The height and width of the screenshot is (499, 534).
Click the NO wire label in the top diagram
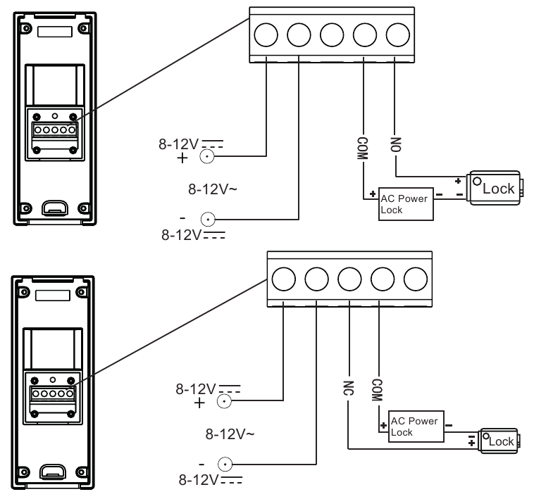click(396, 144)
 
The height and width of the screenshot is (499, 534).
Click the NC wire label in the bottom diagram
click(349, 388)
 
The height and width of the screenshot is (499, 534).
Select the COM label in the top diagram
click(363, 149)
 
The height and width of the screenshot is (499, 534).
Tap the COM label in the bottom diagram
click(377, 390)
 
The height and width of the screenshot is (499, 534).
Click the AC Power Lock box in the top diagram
click(406, 204)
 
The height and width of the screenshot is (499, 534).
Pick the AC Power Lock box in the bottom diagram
click(416, 427)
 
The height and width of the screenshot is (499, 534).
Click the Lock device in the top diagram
click(495, 188)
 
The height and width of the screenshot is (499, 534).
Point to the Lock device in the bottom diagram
click(498, 441)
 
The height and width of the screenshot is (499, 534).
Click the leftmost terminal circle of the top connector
click(266, 34)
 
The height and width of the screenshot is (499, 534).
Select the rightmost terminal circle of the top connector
click(398, 34)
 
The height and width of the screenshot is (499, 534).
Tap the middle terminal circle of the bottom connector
click(349, 279)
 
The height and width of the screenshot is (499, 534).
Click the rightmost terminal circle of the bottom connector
click(416, 279)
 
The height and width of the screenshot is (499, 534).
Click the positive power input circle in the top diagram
click(207, 156)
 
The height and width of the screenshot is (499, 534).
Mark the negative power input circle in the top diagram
click(208, 220)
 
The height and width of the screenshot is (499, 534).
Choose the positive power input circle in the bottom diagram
click(224, 401)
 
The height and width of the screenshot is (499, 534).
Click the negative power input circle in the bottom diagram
click(225, 465)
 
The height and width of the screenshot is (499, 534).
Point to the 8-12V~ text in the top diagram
click(213, 189)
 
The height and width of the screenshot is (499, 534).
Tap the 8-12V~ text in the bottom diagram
click(230, 434)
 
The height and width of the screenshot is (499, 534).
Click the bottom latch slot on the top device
click(55, 208)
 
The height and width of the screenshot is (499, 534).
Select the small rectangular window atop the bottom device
click(53, 296)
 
